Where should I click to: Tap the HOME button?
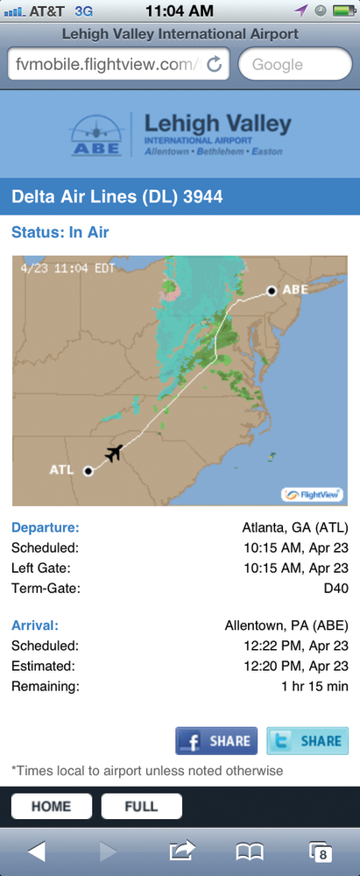pyautogui.click(x=51, y=806)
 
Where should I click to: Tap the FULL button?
pyautogui.click(x=142, y=806)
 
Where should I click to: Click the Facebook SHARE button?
pyautogui.click(x=216, y=740)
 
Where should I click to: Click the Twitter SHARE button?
pyautogui.click(x=307, y=740)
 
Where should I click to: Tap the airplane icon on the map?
pyautogui.click(x=113, y=453)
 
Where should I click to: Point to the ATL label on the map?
pyautogui.click(x=61, y=470)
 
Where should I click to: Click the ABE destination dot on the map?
pyautogui.click(x=272, y=291)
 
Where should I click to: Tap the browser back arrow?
pyautogui.click(x=36, y=851)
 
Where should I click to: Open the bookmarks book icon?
pyautogui.click(x=250, y=851)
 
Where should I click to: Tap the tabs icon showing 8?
pyautogui.click(x=321, y=851)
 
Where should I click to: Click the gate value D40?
pyautogui.click(x=335, y=588)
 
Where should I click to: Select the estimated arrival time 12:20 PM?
pyautogui.click(x=298, y=666)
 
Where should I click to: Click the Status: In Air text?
pyautogui.click(x=60, y=232)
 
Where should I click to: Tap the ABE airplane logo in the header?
pyautogui.click(x=96, y=136)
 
